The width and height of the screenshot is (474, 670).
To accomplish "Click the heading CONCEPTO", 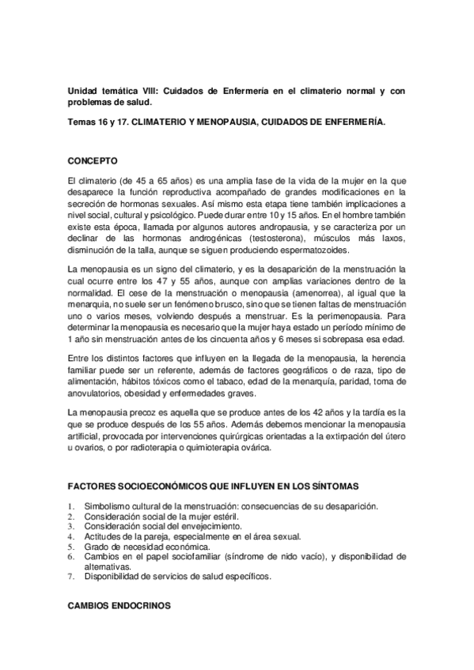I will click(93, 159).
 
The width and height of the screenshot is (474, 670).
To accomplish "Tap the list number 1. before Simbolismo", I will click(72, 506).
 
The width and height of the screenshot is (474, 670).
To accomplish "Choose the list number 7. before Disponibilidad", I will click(72, 576).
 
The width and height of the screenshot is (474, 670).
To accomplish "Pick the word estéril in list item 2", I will click(200, 516).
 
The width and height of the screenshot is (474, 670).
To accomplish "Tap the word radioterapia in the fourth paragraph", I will click(145, 447).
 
